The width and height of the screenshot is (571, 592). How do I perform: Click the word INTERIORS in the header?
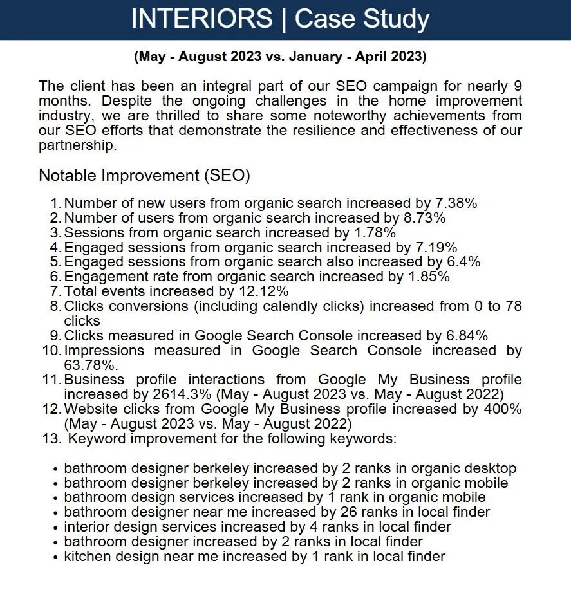[x=201, y=19]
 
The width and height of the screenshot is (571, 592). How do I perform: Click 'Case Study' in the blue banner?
[x=362, y=19]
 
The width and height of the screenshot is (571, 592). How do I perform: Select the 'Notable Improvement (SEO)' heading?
[x=144, y=175]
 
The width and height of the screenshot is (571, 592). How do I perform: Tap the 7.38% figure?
[x=454, y=203]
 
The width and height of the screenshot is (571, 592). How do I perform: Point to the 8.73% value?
[x=422, y=218]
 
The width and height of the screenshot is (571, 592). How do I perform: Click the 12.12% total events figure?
[x=266, y=291]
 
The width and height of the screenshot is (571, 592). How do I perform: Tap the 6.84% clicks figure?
[x=465, y=335]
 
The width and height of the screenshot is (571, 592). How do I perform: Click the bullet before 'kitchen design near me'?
[x=57, y=557]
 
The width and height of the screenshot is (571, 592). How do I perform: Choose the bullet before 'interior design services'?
[x=57, y=528]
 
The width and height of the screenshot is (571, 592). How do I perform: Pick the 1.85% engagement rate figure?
[x=426, y=277]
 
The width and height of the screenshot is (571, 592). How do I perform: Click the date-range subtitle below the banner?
[x=280, y=57]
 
